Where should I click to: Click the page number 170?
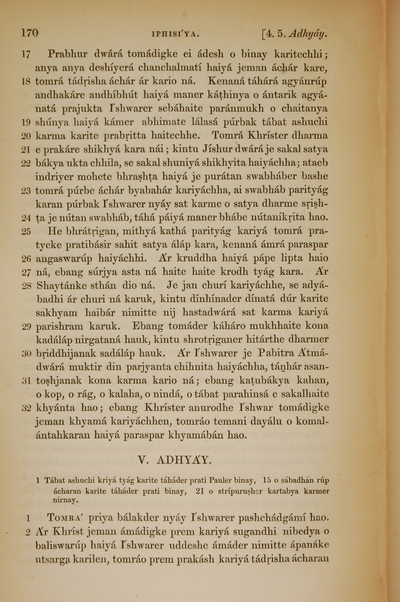30,33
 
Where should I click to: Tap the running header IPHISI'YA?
175,34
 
